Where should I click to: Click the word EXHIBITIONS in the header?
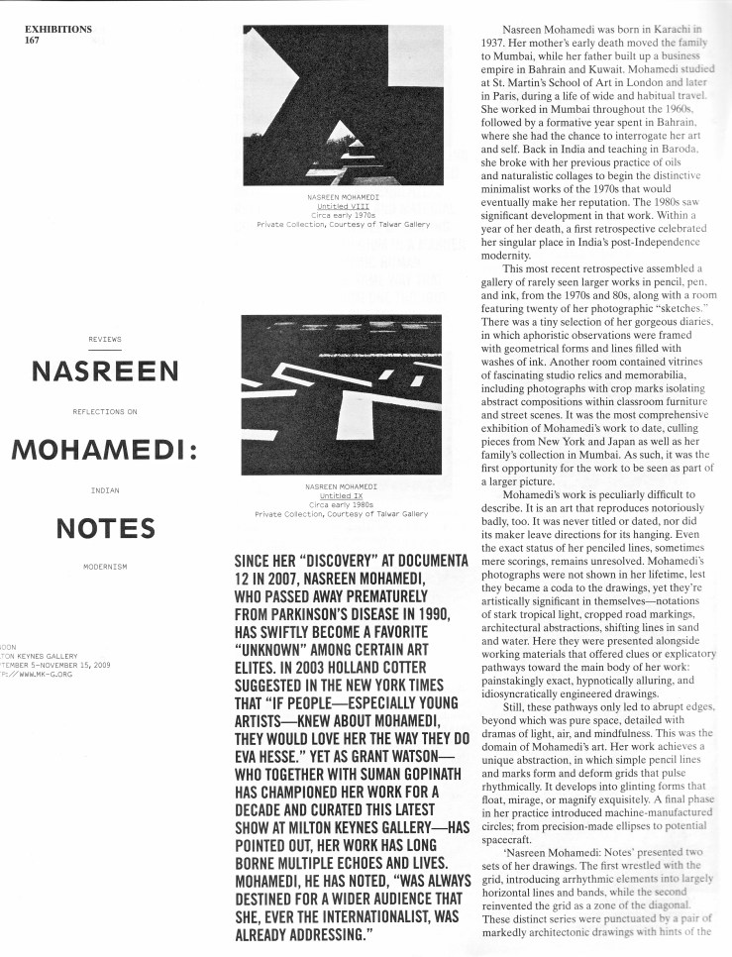59,29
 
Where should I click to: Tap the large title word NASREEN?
105,372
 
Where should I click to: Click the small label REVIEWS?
105,340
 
